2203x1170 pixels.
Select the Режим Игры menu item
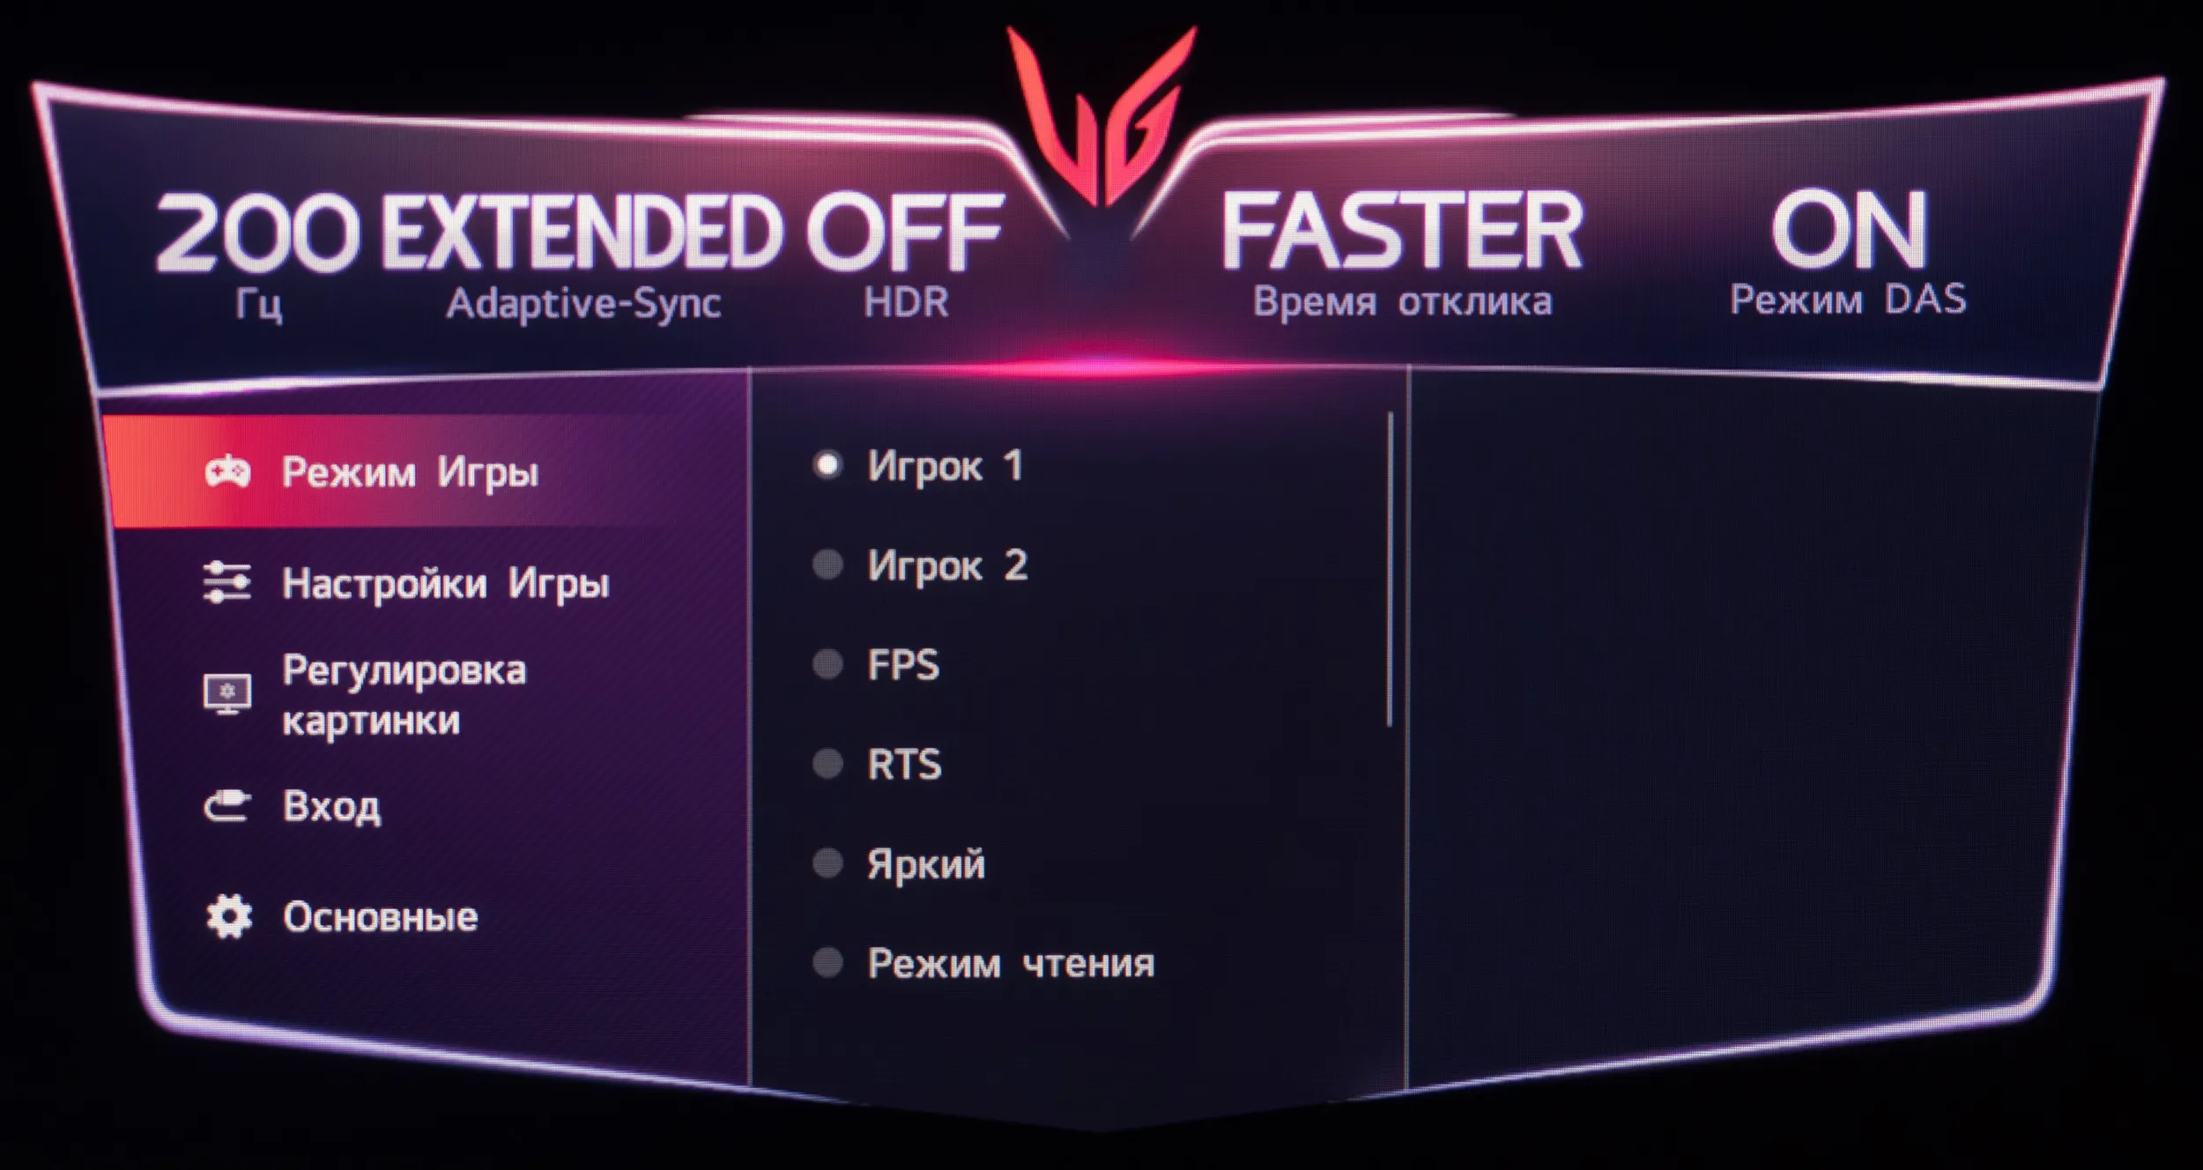click(x=410, y=473)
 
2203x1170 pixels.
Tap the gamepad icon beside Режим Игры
click(x=227, y=471)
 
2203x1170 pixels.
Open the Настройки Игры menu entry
click(x=446, y=584)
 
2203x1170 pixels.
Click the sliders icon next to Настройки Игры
click(x=227, y=582)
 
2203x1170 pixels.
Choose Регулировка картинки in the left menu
click(x=404, y=695)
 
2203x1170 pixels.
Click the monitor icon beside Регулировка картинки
click(x=227, y=694)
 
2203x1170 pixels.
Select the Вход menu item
click(x=331, y=806)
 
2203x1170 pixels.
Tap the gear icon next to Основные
click(x=229, y=917)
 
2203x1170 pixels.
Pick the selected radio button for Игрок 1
click(x=827, y=465)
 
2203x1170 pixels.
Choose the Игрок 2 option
click(x=947, y=565)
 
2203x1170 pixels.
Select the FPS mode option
click(x=903, y=664)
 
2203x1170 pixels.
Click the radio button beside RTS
click(x=827, y=764)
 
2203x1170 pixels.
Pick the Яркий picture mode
click(x=926, y=864)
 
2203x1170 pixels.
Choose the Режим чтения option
click(x=1011, y=964)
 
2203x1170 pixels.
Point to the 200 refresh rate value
click(x=257, y=231)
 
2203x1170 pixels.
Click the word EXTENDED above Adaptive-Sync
click(x=582, y=231)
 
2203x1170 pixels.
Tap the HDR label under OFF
click(x=906, y=302)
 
